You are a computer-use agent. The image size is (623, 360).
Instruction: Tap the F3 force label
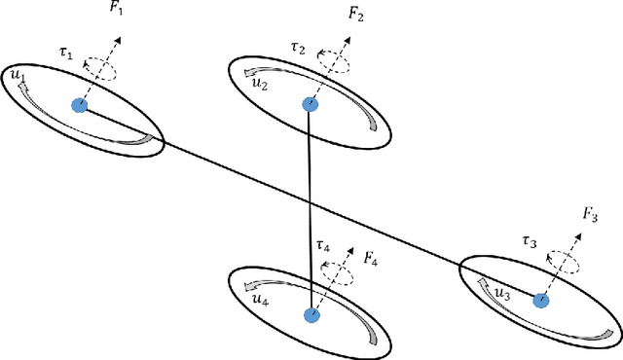(x=590, y=213)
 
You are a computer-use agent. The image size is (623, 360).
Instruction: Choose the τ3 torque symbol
(x=529, y=240)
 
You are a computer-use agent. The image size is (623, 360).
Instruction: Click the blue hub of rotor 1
(x=79, y=105)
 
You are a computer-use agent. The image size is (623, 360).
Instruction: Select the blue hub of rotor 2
(x=310, y=104)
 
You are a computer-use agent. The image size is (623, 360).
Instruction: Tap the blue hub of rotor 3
(x=541, y=301)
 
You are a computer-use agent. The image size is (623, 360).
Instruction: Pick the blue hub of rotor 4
(x=311, y=315)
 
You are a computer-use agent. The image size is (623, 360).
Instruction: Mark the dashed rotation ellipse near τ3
(x=562, y=259)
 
